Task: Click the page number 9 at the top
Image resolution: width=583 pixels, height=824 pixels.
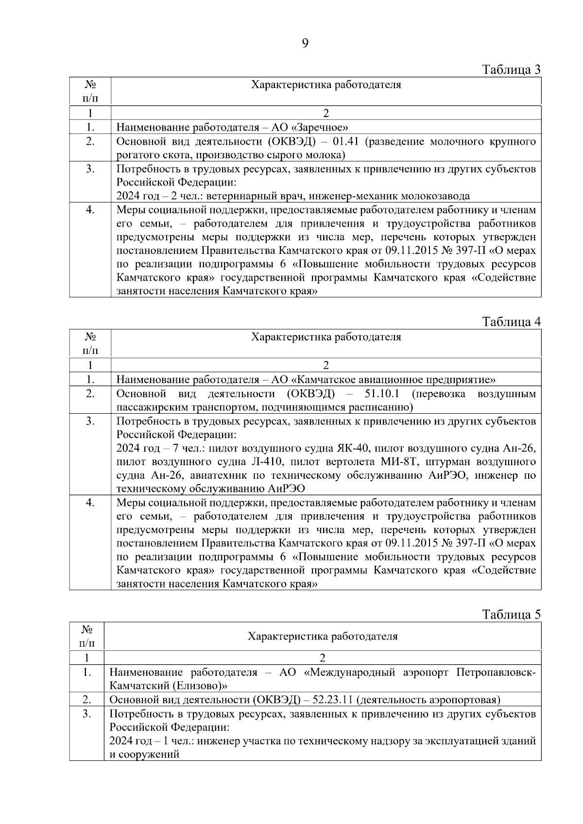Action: (x=305, y=44)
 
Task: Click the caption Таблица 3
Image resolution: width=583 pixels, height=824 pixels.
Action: (x=511, y=69)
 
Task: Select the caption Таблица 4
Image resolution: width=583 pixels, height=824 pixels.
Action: (x=511, y=322)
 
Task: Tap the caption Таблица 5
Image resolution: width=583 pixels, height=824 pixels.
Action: (x=511, y=614)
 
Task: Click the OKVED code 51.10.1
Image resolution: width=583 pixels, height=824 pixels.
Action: (x=382, y=393)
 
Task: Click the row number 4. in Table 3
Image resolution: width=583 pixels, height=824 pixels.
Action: (x=90, y=210)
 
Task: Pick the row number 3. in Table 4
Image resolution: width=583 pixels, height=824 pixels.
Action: (x=90, y=421)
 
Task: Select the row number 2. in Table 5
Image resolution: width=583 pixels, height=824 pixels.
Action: (x=86, y=700)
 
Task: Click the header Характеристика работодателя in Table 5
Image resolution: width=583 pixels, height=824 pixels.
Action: (x=322, y=636)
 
